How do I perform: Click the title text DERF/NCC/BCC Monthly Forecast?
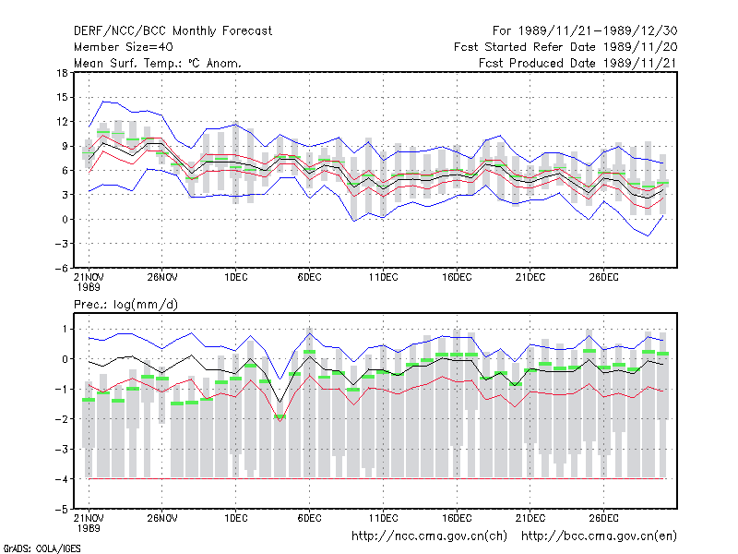[x=173, y=31]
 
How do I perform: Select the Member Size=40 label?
[x=124, y=47]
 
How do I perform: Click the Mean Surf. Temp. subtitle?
[x=158, y=63]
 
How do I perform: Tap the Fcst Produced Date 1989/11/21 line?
[x=577, y=63]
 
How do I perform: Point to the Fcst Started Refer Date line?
[x=565, y=47]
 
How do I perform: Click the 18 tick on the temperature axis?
[x=62, y=73]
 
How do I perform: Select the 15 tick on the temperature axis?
[x=62, y=98]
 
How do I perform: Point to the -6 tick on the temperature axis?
[x=61, y=268]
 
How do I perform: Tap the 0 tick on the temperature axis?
[x=65, y=219]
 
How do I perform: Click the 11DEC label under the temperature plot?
[x=383, y=278]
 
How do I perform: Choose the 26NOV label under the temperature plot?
[x=162, y=278]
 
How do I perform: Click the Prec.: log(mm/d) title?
[x=125, y=305]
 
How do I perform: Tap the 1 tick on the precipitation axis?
[x=65, y=329]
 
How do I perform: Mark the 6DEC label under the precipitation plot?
[x=309, y=518]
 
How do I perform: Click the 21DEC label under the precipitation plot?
[x=530, y=518]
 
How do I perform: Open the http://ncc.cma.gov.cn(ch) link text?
[x=429, y=536]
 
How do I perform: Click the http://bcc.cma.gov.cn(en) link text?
[x=599, y=536]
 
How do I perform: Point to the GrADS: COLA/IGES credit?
[x=42, y=548]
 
